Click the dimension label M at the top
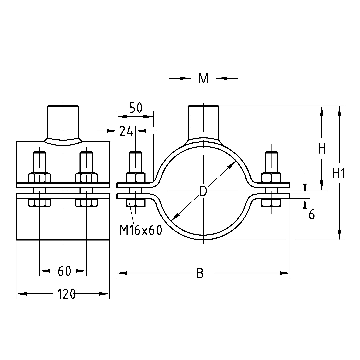point(203,79)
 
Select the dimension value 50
point(136,108)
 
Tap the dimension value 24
point(126,132)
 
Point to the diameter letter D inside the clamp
point(203,191)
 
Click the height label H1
point(339,173)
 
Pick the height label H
point(322,149)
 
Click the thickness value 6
point(311,214)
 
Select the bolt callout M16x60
point(141,230)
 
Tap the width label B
point(200,273)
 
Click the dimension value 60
point(64,271)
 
